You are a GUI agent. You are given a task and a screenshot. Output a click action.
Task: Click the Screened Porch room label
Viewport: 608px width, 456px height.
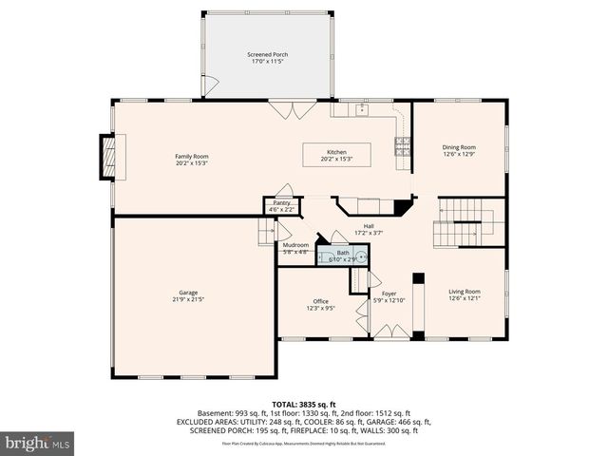tap(267, 55)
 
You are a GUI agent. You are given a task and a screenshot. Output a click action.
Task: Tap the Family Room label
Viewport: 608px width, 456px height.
tap(191, 157)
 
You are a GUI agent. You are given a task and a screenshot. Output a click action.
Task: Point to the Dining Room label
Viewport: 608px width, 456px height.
tap(459, 147)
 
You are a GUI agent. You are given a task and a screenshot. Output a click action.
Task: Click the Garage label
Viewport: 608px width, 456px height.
tap(188, 293)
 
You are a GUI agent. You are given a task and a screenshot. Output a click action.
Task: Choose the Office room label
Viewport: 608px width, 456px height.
tap(320, 301)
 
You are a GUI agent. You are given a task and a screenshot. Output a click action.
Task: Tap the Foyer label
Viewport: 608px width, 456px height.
tap(389, 294)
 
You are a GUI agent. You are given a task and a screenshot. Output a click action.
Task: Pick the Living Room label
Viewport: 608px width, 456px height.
tap(465, 292)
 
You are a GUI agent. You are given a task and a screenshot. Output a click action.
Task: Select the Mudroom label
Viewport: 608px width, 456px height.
tap(294, 245)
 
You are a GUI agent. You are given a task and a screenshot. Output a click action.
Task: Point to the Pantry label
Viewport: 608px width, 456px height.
tap(281, 202)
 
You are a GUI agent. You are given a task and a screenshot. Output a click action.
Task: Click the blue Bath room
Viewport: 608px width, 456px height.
tap(342, 254)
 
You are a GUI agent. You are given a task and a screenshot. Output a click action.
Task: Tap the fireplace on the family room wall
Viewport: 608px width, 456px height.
tap(107, 157)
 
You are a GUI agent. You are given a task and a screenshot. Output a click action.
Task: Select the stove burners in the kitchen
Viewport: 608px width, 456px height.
tap(403, 145)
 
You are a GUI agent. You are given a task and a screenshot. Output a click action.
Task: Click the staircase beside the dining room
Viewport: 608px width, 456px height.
tap(468, 222)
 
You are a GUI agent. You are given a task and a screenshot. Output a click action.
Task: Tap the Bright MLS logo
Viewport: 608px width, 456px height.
tap(38, 442)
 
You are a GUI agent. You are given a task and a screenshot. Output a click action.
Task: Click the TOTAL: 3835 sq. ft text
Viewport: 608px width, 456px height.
tap(303, 403)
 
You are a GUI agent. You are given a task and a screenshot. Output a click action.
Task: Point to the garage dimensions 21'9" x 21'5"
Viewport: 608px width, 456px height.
tap(188, 299)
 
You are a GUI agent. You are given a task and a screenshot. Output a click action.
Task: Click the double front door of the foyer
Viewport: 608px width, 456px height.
tap(389, 332)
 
